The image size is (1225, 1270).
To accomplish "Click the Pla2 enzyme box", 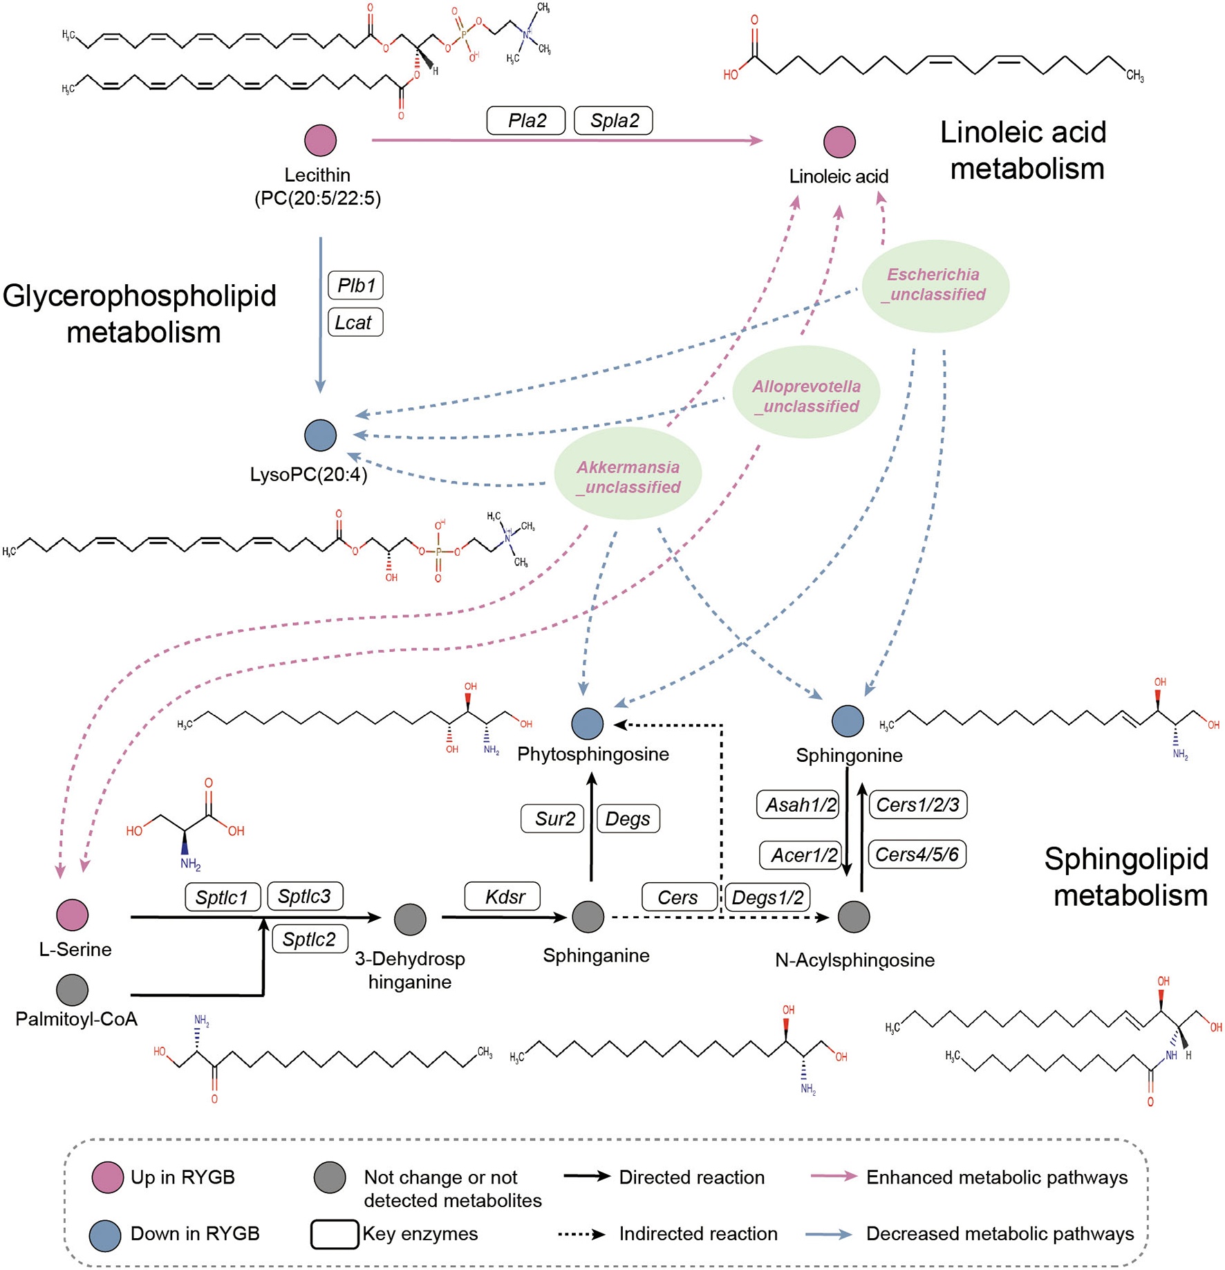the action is point(526,120).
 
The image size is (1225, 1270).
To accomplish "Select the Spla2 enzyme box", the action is point(614,120).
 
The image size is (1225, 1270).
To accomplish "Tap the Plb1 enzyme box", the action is point(355,285).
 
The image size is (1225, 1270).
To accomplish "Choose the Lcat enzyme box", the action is point(355,322).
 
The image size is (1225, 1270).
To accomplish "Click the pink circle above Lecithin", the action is point(320,140).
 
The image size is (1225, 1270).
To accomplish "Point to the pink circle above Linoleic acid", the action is point(839,142).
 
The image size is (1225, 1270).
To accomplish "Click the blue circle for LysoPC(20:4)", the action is point(320,435).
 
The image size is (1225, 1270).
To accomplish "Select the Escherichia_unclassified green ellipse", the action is point(935,286).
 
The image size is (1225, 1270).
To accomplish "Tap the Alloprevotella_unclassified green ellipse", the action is point(806,392).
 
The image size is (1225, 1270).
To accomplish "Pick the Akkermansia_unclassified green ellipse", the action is point(628,473).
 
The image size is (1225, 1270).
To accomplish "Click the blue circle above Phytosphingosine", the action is point(588,724).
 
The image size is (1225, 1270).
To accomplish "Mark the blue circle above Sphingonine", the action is point(848,721).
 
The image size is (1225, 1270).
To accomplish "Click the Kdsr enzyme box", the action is point(503,897).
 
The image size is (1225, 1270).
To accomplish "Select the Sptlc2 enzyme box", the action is point(310,939).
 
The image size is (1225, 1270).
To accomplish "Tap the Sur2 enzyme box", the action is point(552,819).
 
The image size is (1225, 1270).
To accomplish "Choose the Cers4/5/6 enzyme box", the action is point(917,855).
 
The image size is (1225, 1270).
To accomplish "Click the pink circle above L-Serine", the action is point(73,915).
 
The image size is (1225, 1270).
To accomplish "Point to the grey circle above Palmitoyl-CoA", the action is point(73,989).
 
